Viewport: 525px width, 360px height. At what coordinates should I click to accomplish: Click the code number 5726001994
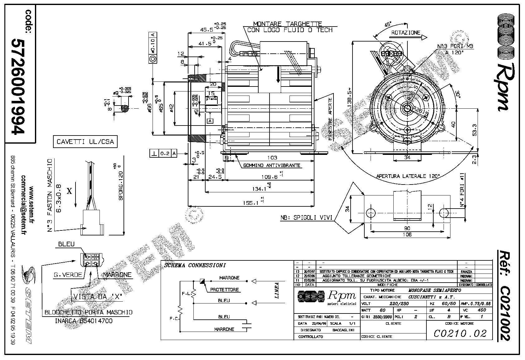point(18,86)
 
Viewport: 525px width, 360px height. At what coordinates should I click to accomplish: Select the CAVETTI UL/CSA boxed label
point(85,142)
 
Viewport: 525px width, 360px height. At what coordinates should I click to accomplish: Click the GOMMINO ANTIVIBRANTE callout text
point(272,165)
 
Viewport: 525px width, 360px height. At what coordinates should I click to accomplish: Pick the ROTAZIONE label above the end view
point(406,32)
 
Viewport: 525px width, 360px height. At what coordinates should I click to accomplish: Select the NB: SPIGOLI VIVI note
point(306,218)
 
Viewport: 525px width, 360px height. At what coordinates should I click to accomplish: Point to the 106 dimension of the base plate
point(407,234)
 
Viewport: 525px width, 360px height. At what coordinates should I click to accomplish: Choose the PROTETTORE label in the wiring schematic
point(224,289)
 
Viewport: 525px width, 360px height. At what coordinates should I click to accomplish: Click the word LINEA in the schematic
point(277,290)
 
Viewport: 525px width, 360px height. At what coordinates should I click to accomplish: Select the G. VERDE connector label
point(68,275)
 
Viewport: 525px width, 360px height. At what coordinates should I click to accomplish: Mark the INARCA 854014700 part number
point(84,321)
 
